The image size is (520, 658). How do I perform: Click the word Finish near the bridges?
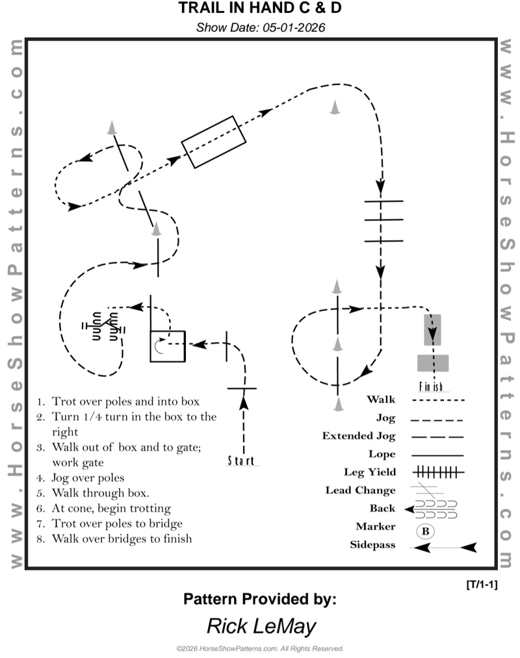coord(430,386)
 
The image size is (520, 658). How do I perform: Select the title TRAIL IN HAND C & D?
coord(260,9)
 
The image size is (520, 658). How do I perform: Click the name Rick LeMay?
coord(261,626)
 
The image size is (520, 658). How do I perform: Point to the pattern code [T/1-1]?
coord(482,585)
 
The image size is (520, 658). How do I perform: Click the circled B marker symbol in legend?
coord(425,531)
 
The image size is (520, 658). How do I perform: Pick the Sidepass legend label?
coord(372,545)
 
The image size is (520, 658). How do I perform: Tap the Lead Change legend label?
coord(360,490)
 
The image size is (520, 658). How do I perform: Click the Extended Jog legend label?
coord(358,436)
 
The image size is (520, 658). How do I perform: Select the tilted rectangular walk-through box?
coord(213,142)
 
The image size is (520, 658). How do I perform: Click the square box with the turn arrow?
coord(168,346)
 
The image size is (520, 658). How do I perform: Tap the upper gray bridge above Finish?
coord(432,329)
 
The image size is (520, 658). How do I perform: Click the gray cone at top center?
coord(335,107)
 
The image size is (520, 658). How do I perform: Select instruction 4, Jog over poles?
coord(98,477)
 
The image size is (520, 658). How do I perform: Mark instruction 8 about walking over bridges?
coord(122,538)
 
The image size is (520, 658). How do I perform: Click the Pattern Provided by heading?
coord(260,599)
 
